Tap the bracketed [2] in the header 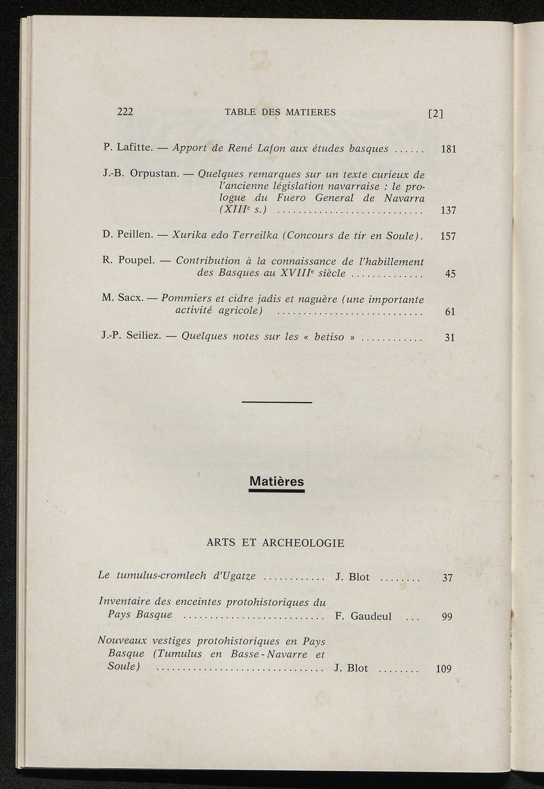pyautogui.click(x=436, y=114)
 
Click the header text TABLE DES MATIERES pyautogui.click(x=280, y=112)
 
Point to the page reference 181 pyautogui.click(x=449, y=149)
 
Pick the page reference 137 pyautogui.click(x=449, y=211)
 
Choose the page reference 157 pyautogui.click(x=449, y=236)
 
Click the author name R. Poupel pyautogui.click(x=128, y=260)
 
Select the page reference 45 pyautogui.click(x=450, y=275)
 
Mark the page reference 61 pyautogui.click(x=450, y=312)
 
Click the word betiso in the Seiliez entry pyautogui.click(x=329, y=337)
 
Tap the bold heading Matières pyautogui.click(x=276, y=482)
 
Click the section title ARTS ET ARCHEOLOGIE pyautogui.click(x=275, y=543)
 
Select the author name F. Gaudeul pyautogui.click(x=363, y=616)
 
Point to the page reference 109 pyautogui.click(x=444, y=669)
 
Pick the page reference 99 pyautogui.click(x=447, y=617)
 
